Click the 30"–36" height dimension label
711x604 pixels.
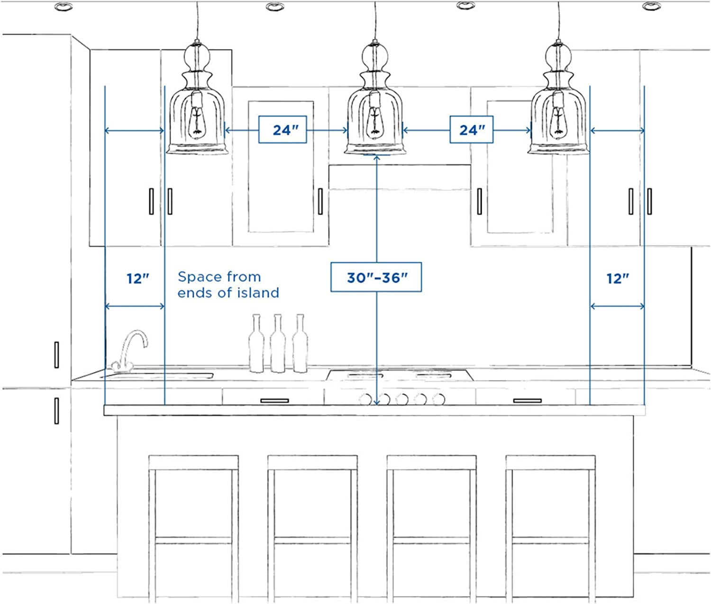[x=376, y=277]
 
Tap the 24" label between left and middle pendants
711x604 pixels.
[x=283, y=130]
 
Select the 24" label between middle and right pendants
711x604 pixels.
[x=471, y=130]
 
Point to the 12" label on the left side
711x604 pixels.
[x=137, y=278]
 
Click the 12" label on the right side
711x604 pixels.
[x=618, y=278]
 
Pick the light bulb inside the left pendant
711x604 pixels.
[x=197, y=122]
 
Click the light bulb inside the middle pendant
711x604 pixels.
[x=374, y=122]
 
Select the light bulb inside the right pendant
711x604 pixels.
[x=558, y=122]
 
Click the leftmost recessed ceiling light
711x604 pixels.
[x=64, y=6]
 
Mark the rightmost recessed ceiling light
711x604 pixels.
[x=651, y=6]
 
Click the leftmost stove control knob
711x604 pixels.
[x=365, y=399]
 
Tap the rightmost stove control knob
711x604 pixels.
[x=438, y=399]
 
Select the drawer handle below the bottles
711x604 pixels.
[x=274, y=400]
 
